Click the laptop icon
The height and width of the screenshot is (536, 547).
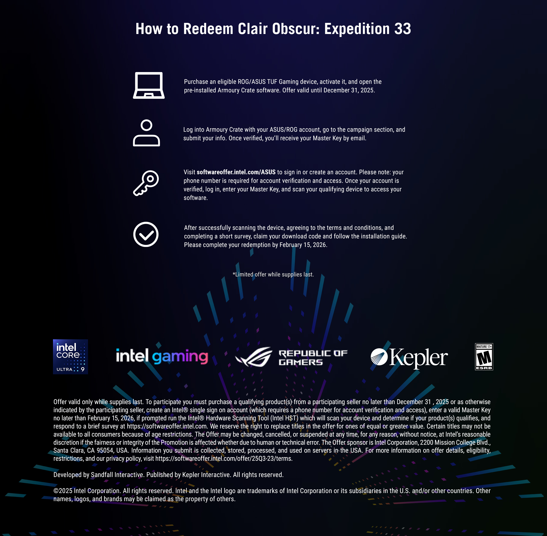(149, 85)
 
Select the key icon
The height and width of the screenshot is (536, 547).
(146, 183)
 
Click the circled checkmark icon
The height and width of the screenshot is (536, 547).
(146, 235)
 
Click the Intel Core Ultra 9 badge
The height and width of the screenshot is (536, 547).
(70, 357)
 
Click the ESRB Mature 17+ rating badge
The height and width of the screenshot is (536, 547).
(484, 357)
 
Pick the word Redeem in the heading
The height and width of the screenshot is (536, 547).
(208, 29)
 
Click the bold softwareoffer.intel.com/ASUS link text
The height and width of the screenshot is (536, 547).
(236, 172)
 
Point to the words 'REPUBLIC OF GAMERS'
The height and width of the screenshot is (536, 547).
(313, 357)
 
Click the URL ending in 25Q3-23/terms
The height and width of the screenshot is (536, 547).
(224, 459)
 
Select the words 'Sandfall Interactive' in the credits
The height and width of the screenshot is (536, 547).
(117, 475)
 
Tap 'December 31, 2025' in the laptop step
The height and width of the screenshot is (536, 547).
(349, 90)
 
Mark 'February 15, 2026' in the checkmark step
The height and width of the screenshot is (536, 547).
(303, 245)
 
